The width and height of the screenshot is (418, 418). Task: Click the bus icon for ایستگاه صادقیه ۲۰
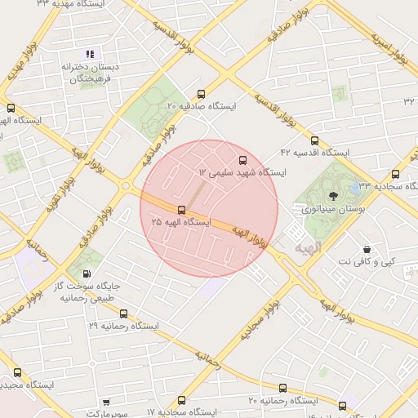tap(202, 93)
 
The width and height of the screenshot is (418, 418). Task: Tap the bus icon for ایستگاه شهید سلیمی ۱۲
tap(242, 160)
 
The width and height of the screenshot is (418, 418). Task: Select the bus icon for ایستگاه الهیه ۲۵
tap(170, 210)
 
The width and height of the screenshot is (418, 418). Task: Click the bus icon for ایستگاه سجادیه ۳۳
tap(396, 174)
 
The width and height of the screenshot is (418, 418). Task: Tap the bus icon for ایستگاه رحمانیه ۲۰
tap(282, 388)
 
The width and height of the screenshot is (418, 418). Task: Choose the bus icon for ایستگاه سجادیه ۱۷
tap(181, 400)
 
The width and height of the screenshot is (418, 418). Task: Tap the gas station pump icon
tap(87, 274)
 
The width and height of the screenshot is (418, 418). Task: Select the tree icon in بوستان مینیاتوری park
tap(332, 195)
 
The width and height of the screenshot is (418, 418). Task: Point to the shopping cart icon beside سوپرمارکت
tap(107, 402)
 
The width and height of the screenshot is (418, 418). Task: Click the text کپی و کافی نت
tap(367, 260)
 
